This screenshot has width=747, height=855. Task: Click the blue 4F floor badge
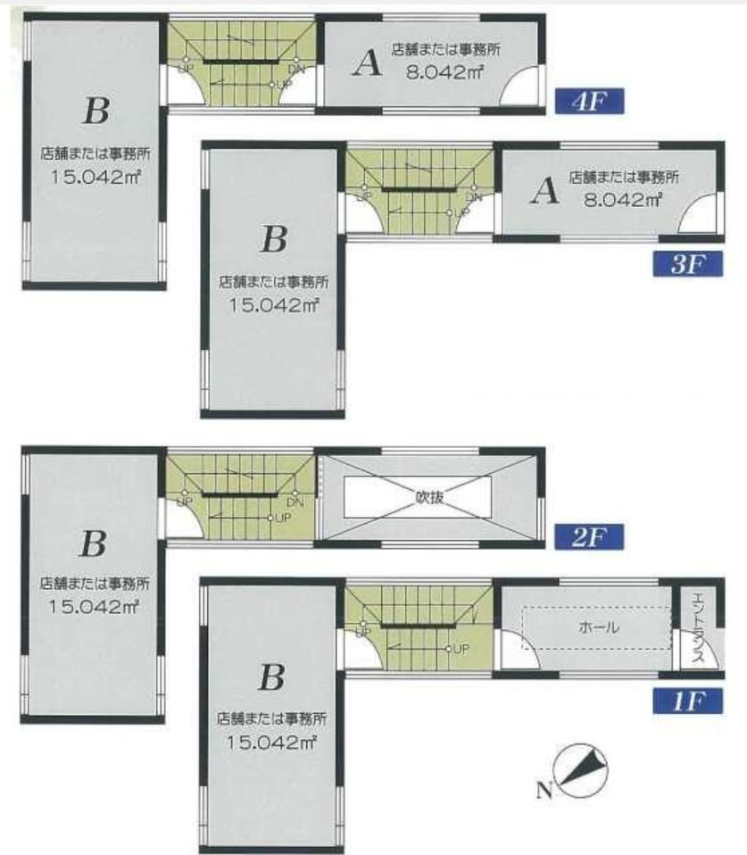tap(589, 101)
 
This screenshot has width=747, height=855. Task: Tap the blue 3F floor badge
tap(688, 264)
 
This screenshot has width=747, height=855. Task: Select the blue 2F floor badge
tap(589, 537)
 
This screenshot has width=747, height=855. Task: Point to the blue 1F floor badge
tap(688, 701)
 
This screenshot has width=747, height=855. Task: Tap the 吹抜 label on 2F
tap(429, 497)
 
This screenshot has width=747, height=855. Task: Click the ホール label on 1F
tap(598, 627)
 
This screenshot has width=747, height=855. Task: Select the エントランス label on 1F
tap(699, 627)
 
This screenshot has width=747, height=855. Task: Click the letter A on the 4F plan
tap(367, 63)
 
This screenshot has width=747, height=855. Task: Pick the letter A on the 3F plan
tap(544, 191)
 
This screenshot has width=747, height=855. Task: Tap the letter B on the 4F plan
tap(96, 111)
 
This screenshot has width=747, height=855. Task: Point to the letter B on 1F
tap(271, 677)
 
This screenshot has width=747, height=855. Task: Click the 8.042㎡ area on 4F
tap(445, 72)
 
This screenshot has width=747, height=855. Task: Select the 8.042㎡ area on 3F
tap(623, 200)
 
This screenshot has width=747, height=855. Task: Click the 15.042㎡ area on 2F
tap(94, 606)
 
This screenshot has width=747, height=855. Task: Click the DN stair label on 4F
tap(296, 70)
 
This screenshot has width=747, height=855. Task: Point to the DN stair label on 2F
tap(295, 502)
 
